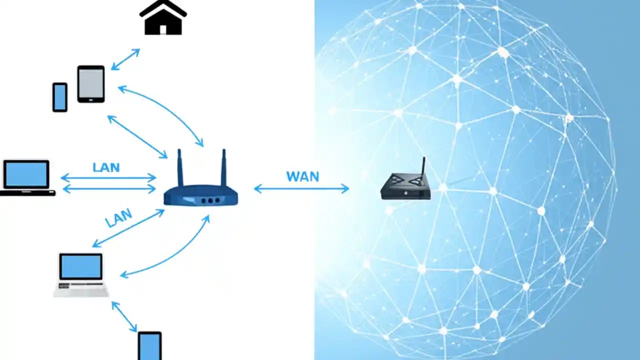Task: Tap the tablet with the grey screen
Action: tap(91, 84)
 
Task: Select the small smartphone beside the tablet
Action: tap(60, 97)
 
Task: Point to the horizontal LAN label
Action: tap(106, 167)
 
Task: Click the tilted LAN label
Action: tap(119, 218)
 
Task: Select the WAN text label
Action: tap(302, 176)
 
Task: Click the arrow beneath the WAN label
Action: tap(301, 188)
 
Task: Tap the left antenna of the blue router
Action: tap(180, 167)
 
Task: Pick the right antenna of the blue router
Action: tap(223, 167)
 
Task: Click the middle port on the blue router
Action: tap(210, 200)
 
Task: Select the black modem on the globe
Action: tap(405, 187)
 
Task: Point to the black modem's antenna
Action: tap(423, 165)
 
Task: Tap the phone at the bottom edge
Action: tap(149, 346)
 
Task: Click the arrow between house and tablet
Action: tap(125, 59)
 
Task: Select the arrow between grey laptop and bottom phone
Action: tap(124, 316)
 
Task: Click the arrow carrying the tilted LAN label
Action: tap(128, 228)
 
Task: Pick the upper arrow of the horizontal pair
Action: tap(108, 177)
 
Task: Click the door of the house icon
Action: tap(162, 29)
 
